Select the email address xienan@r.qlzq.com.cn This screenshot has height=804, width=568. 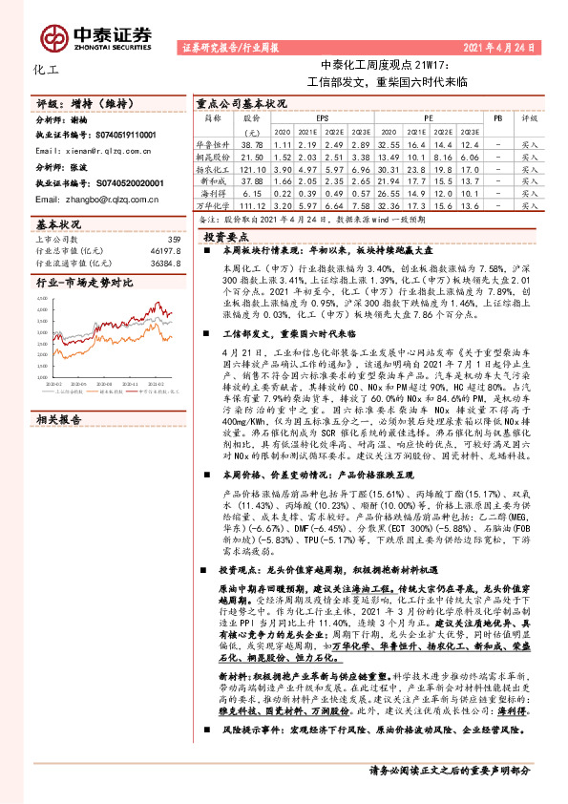(x=91, y=152)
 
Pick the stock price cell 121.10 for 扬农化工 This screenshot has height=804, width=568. (x=252, y=166)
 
